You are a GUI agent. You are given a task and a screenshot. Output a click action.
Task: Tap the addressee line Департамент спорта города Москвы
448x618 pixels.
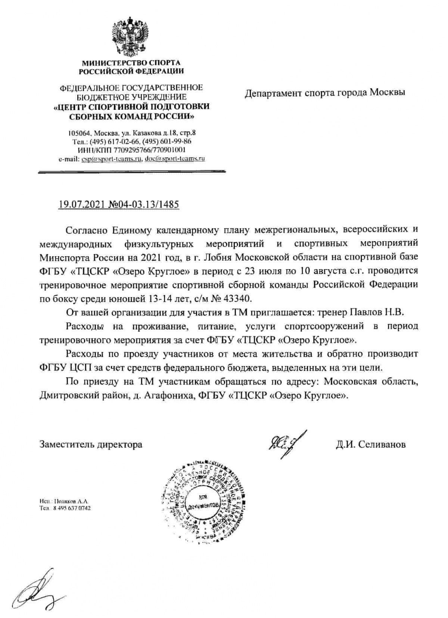click(324, 92)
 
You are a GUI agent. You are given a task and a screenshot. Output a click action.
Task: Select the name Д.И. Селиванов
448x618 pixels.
click(370, 444)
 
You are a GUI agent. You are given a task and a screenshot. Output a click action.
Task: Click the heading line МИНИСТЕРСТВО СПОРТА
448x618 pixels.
click(131, 62)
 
